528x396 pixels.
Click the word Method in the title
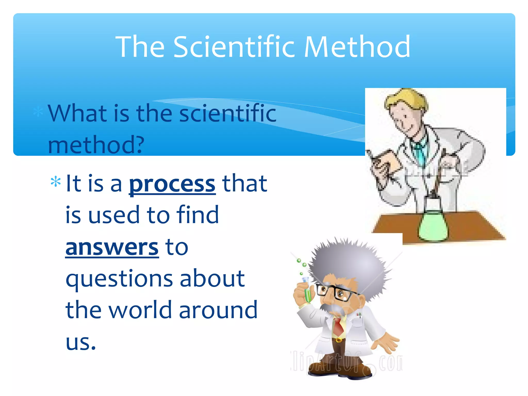tap(357, 47)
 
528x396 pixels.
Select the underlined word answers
tap(112, 247)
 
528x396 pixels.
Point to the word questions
tap(119, 278)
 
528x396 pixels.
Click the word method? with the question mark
tap(96, 145)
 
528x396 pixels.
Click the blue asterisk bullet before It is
tap(56, 182)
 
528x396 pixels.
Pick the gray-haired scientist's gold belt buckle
tap(339, 340)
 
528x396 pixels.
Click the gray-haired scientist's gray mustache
tap(333, 308)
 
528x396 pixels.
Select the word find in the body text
tap(197, 215)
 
